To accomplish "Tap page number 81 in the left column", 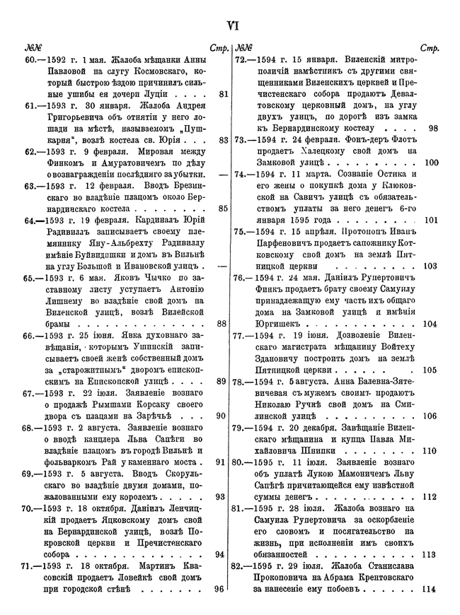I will click(x=224, y=93).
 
